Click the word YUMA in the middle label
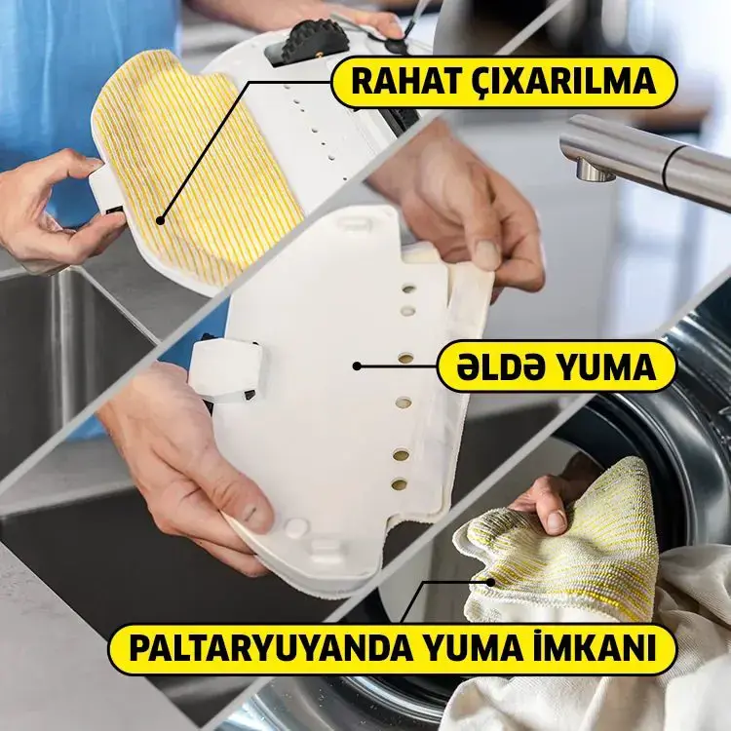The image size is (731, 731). click(x=602, y=366)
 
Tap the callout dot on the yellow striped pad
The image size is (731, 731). click(x=161, y=220)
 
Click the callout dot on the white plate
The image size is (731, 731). click(x=357, y=366)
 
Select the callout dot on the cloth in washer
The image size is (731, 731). click(x=490, y=582)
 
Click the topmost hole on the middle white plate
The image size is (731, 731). click(x=408, y=289)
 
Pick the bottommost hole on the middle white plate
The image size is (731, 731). click(x=399, y=484)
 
